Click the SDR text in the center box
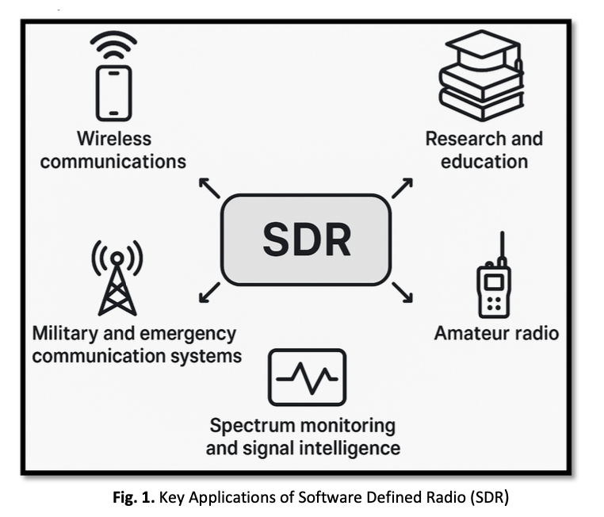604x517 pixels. click(x=305, y=239)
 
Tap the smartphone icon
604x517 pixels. click(x=113, y=93)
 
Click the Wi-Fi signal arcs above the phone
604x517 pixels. click(x=113, y=44)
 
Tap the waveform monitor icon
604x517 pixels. click(x=307, y=377)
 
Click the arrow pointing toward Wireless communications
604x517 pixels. click(x=208, y=188)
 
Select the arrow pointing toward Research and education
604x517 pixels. click(x=402, y=188)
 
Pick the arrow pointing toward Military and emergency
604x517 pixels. click(x=209, y=292)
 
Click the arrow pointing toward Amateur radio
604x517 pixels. click(x=402, y=292)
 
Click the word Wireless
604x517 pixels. click(x=113, y=139)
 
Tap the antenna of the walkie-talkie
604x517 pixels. click(x=502, y=248)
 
